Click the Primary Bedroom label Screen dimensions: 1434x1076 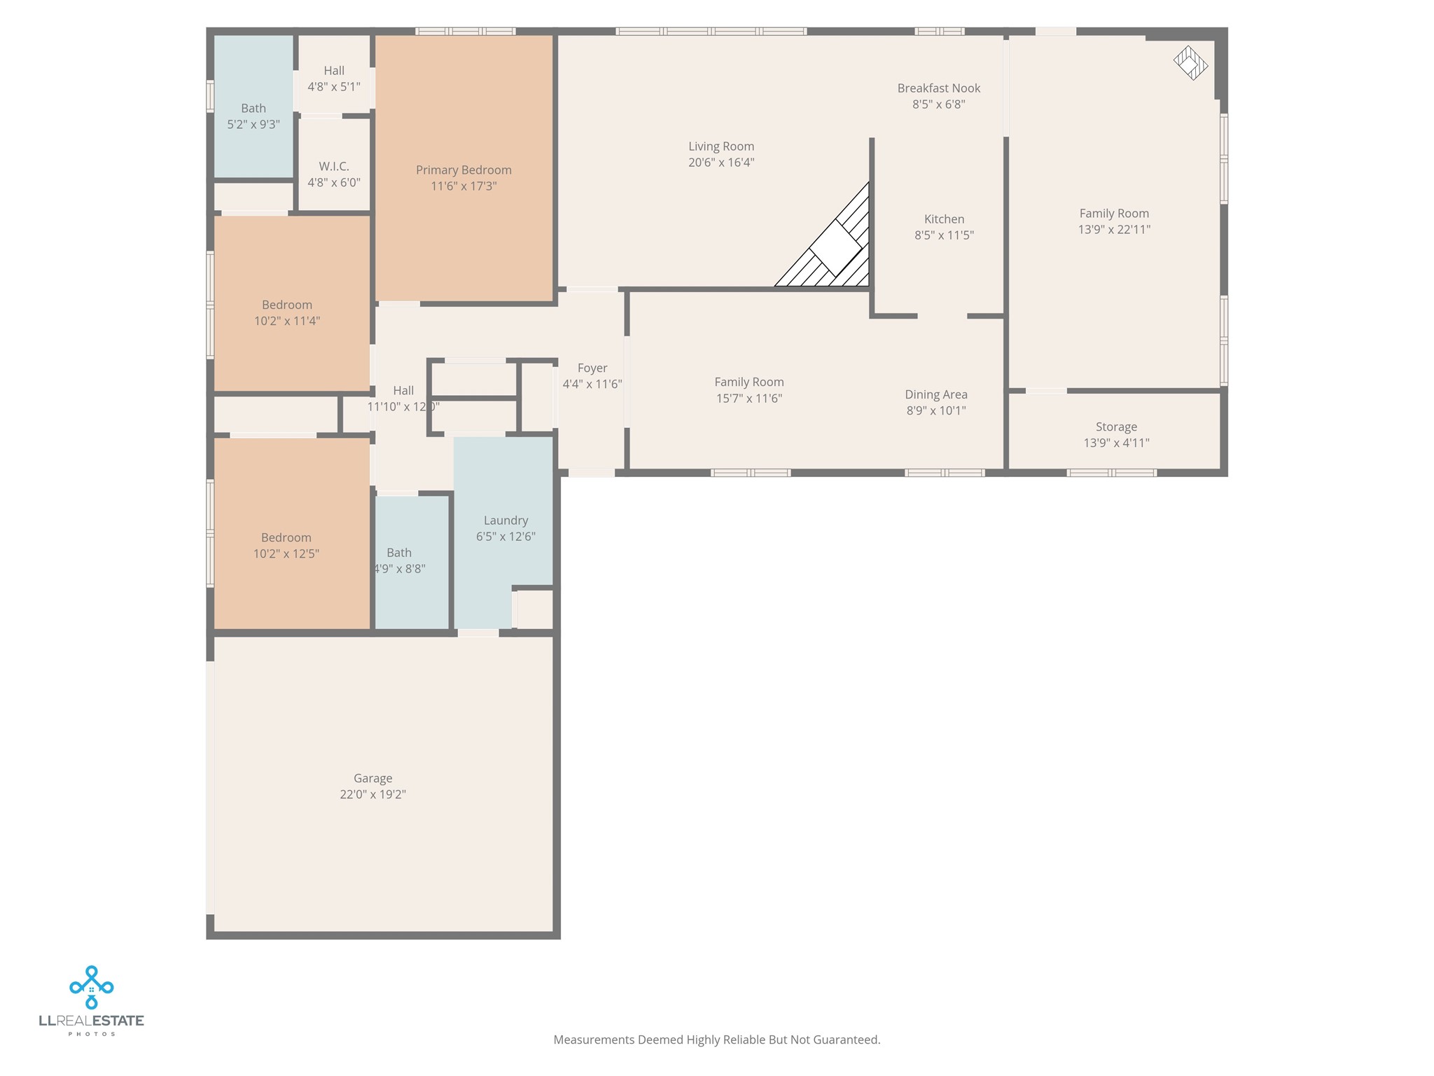coord(464,170)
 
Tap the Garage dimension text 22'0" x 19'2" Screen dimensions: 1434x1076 coord(373,794)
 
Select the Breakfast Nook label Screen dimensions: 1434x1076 coord(938,88)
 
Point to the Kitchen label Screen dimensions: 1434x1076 coord(944,219)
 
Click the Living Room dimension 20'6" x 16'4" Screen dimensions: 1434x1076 coord(721,163)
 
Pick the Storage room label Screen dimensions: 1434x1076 coord(1116,427)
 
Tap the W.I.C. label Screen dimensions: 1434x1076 coord(334,167)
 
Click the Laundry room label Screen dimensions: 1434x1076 coord(506,520)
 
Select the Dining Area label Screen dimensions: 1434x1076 coord(936,395)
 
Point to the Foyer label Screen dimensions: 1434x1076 coord(592,368)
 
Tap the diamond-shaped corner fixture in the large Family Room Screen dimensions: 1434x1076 coord(1190,63)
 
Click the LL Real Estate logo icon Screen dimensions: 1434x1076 coord(91,987)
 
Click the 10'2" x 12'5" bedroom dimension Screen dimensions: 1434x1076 coord(286,554)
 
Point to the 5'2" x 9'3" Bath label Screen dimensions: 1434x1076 coord(253,109)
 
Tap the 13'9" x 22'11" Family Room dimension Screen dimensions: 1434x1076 coord(1114,230)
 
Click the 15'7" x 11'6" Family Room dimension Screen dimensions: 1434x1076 coord(749,399)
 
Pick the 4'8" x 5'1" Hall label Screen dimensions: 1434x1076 coord(334,71)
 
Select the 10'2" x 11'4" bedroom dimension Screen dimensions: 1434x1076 coord(287,322)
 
